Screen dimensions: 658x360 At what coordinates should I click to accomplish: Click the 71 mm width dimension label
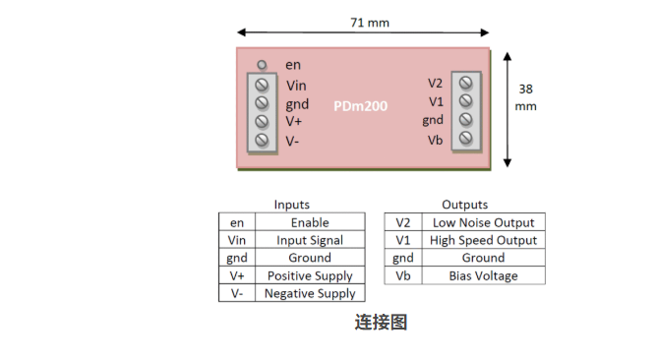click(370, 23)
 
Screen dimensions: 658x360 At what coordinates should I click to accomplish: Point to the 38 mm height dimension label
click(525, 97)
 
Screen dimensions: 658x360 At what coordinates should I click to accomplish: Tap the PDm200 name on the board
click(360, 106)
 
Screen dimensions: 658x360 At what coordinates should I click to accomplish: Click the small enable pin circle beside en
click(262, 65)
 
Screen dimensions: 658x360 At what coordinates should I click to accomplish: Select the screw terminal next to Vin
click(262, 85)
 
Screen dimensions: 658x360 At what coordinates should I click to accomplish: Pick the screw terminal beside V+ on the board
click(262, 121)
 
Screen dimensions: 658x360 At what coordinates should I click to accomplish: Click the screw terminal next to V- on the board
click(262, 140)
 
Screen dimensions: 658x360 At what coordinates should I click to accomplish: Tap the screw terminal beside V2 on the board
click(466, 83)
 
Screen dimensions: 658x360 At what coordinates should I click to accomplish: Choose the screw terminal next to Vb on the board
click(466, 138)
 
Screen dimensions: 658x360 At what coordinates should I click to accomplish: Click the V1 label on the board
click(436, 101)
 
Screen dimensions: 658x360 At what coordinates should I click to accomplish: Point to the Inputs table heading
click(292, 205)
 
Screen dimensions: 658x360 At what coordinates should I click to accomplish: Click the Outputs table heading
click(464, 205)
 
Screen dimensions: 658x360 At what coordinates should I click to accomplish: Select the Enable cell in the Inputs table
click(310, 222)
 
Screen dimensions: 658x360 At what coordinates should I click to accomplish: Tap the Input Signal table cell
click(310, 240)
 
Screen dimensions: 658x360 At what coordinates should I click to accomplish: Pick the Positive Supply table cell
click(310, 275)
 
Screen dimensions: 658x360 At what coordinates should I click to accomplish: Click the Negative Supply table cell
click(310, 293)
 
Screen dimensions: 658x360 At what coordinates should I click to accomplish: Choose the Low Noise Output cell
click(484, 222)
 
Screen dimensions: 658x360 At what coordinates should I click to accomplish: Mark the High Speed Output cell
click(484, 240)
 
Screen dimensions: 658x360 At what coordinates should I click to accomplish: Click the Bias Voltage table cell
click(484, 275)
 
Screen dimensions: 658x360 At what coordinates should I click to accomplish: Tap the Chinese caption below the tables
click(381, 322)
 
